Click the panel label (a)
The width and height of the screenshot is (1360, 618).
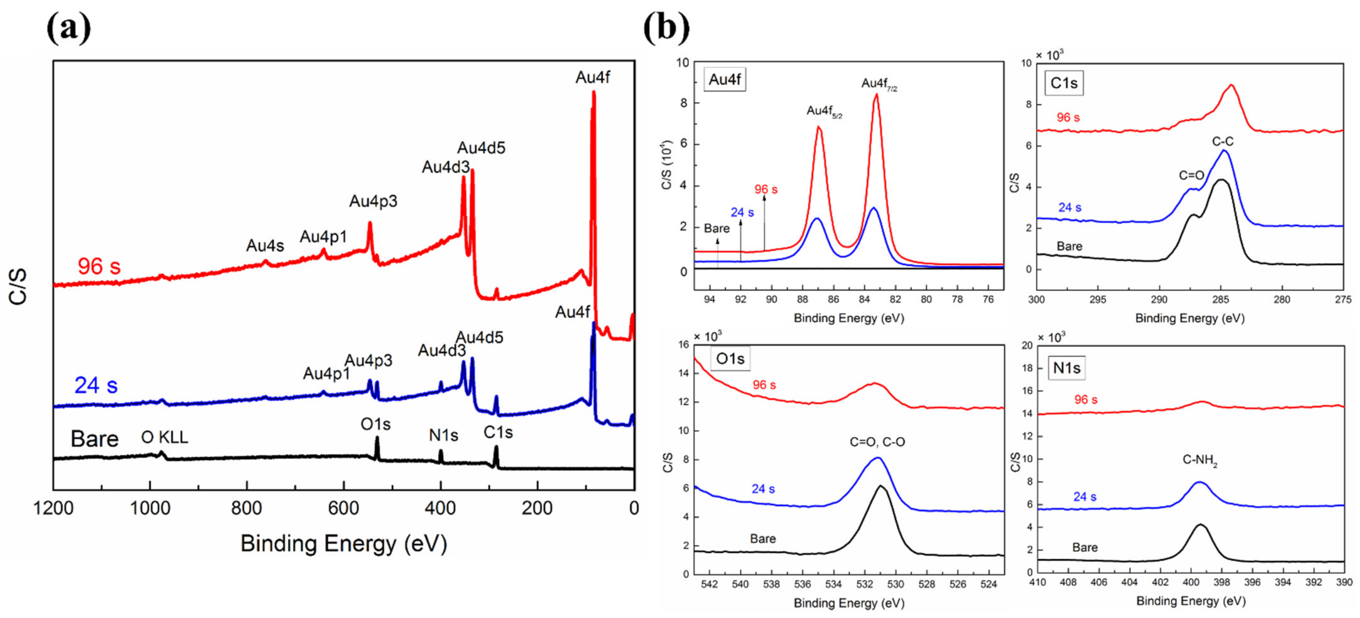pyautogui.click(x=69, y=27)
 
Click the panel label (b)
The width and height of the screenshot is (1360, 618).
pyautogui.click(x=666, y=27)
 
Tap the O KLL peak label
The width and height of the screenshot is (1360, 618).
pyautogui.click(x=164, y=437)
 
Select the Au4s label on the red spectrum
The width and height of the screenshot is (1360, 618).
pyautogui.click(x=265, y=246)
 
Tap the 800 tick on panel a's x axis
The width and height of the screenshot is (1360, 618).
pyautogui.click(x=246, y=508)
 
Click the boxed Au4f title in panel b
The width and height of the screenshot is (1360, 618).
pyautogui.click(x=724, y=80)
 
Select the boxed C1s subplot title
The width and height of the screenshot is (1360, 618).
pyautogui.click(x=1064, y=84)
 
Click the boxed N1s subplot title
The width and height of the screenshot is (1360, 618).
pyautogui.click(x=1066, y=368)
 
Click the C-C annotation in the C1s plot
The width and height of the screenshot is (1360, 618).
pyautogui.click(x=1223, y=142)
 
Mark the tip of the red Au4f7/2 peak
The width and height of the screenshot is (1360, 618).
pyautogui.click(x=876, y=95)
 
